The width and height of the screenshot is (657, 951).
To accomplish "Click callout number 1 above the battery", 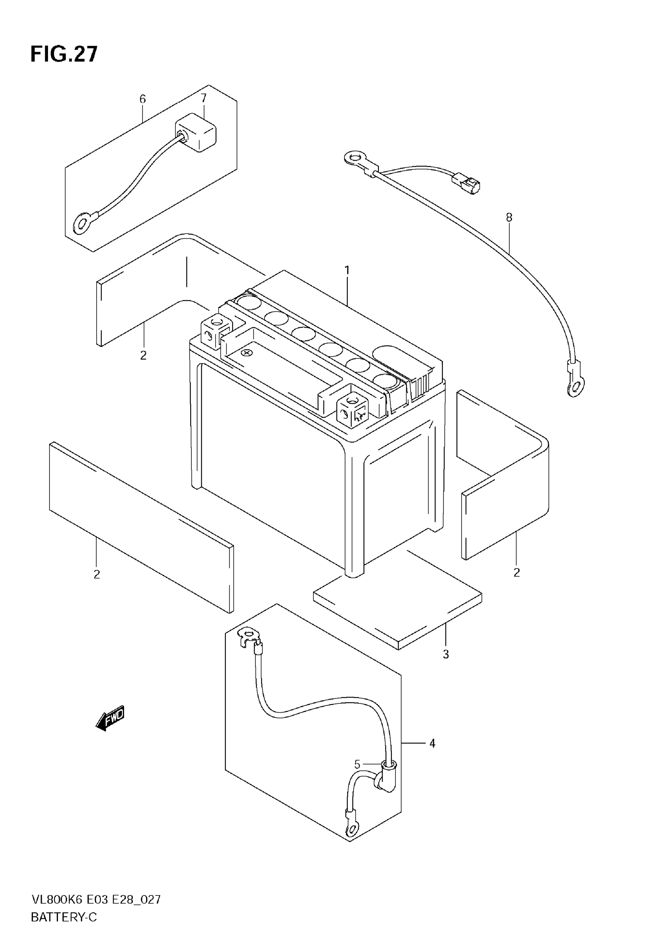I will [347, 270].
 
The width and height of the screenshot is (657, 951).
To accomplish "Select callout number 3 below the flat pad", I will [446, 654].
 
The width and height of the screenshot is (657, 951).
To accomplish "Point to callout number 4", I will [432, 743].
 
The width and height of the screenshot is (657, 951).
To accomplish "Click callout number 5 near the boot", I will [357, 765].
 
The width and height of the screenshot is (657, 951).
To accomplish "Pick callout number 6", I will [143, 99].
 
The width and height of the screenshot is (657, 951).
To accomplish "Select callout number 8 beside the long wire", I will [509, 217].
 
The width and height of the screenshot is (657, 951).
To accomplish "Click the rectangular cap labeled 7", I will [197, 132].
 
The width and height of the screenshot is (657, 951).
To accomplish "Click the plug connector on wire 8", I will [466, 182].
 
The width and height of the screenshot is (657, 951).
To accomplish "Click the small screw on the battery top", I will [247, 353].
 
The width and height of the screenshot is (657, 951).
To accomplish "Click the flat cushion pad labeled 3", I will [398, 599].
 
